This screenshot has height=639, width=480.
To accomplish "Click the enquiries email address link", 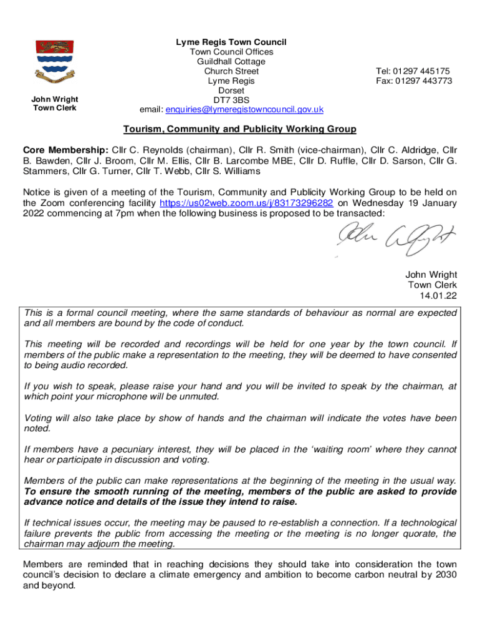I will click(x=244, y=109).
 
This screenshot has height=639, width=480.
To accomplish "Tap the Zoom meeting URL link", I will click(x=246, y=203).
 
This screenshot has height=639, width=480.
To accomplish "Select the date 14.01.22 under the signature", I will click(x=439, y=295).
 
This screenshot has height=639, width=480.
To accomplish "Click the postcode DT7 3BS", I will click(x=231, y=100).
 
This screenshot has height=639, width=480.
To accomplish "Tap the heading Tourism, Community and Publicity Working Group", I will click(x=239, y=129).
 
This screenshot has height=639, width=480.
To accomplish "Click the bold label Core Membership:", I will click(x=65, y=150).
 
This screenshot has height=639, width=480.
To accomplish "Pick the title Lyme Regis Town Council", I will click(x=231, y=42).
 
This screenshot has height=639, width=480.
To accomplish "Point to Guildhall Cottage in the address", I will click(x=231, y=62).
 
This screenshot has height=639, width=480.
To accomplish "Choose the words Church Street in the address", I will click(x=231, y=71).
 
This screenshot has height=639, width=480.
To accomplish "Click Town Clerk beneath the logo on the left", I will click(x=55, y=108).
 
